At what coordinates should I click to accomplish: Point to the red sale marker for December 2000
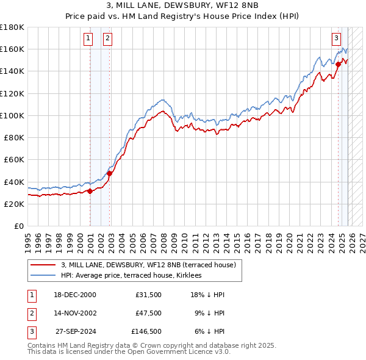pos(90,191)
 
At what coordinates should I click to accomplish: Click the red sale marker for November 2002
pos(109,173)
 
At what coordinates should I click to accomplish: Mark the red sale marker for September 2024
pos(339,63)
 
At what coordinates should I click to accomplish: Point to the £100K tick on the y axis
pos(12,115)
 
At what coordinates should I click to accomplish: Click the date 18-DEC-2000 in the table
pos(74,295)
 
